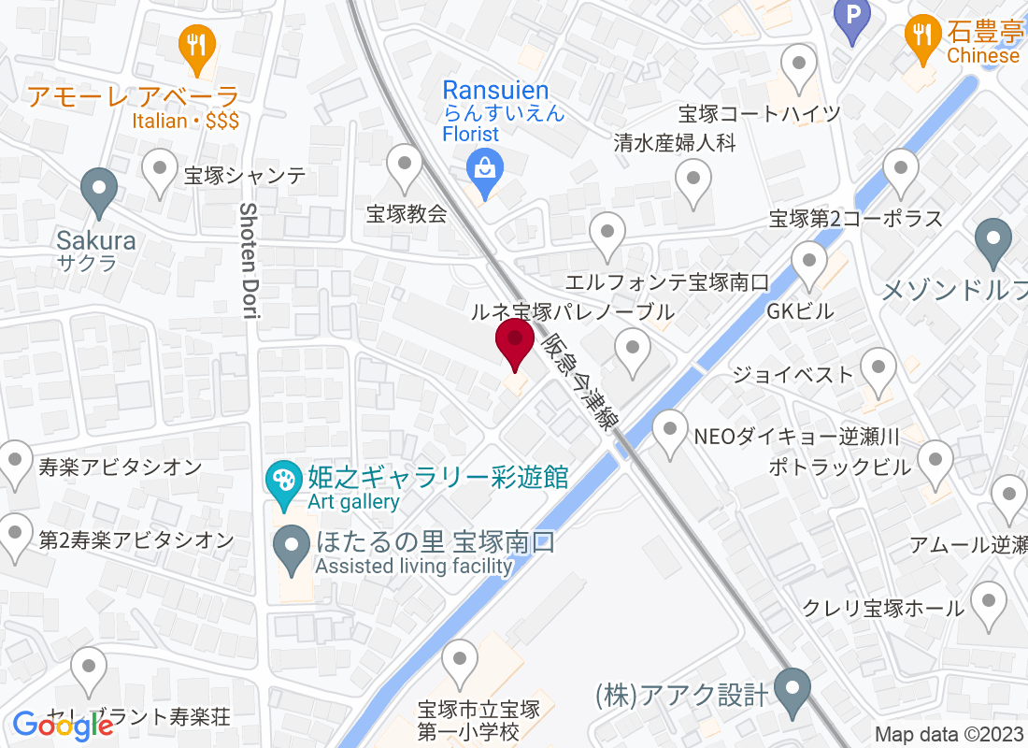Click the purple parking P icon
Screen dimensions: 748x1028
[x=851, y=15]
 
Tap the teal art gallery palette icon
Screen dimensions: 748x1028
[x=280, y=481]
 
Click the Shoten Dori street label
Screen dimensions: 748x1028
[x=250, y=261]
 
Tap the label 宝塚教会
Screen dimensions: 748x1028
[x=407, y=213]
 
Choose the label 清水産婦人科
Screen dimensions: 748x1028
[x=676, y=143]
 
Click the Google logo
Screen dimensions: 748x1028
[x=63, y=725]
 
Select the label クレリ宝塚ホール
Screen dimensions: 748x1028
[x=883, y=609]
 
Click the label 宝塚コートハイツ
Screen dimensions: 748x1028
[x=760, y=114]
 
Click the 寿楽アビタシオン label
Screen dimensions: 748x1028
[x=121, y=466]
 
